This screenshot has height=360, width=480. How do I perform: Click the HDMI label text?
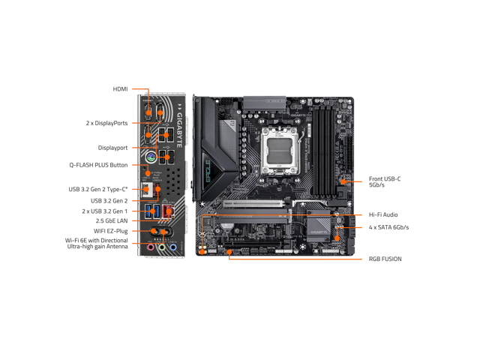pyautogui.click(x=120, y=88)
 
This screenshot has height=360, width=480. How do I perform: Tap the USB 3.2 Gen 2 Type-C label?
pyautogui.click(x=98, y=188)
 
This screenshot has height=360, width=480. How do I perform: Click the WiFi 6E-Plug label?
pyautogui.click(x=111, y=231)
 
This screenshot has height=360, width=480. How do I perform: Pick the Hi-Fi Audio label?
pyautogui.click(x=383, y=214)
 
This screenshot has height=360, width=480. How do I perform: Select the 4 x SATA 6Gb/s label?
pyautogui.click(x=388, y=226)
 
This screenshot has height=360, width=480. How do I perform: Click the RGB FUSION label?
pyautogui.click(x=385, y=259)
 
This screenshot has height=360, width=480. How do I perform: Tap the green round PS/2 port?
pyautogui.click(x=150, y=158)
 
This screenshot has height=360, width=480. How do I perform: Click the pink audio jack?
pyautogui.click(x=150, y=247)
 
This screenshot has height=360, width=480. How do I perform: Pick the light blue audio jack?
pyautogui.click(x=172, y=247)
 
